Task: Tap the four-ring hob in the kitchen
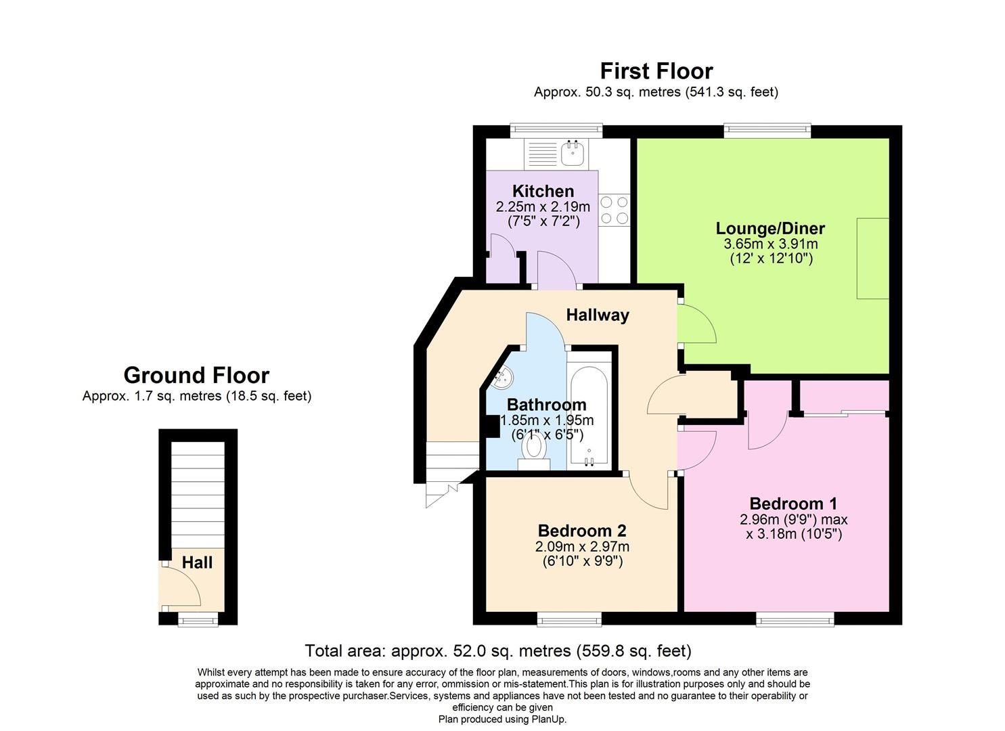(x=614, y=210)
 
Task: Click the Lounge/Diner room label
(x=770, y=228)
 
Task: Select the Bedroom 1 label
(x=793, y=504)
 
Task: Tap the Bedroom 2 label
(x=582, y=531)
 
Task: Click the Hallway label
(x=598, y=315)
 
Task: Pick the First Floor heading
(x=656, y=71)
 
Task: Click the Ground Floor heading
(x=196, y=375)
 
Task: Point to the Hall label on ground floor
(x=197, y=562)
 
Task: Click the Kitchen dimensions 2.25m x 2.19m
(x=543, y=206)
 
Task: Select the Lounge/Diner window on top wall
(x=767, y=130)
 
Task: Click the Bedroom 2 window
(x=569, y=619)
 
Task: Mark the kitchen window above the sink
(x=556, y=130)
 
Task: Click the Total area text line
(x=498, y=651)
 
